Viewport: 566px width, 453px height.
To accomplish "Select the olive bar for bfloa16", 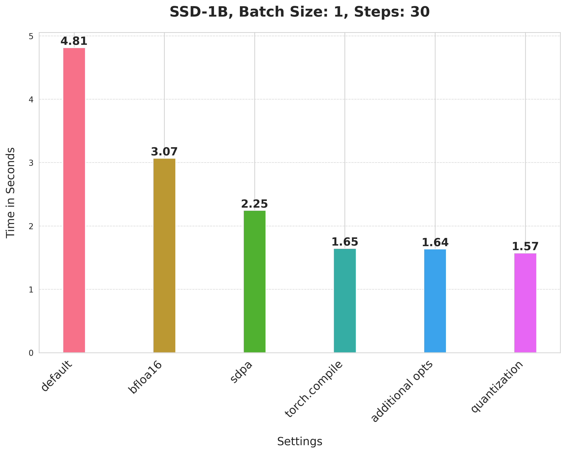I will (x=164, y=255).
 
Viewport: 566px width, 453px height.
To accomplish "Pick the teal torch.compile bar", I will (x=345, y=300).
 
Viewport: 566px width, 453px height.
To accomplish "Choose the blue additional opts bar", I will (x=435, y=301).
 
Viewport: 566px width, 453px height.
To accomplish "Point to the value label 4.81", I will (x=74, y=41).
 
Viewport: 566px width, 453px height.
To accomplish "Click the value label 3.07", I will (x=164, y=152).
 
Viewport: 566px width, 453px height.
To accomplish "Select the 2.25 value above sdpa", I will (x=254, y=204).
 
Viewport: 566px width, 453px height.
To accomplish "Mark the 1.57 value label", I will (x=525, y=247).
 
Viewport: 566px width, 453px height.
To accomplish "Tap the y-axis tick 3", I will (x=31, y=163).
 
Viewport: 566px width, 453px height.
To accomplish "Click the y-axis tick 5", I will (x=31, y=36).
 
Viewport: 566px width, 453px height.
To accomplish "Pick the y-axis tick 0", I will (x=31, y=353).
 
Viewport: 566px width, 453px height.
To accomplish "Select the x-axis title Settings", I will (x=300, y=441).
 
